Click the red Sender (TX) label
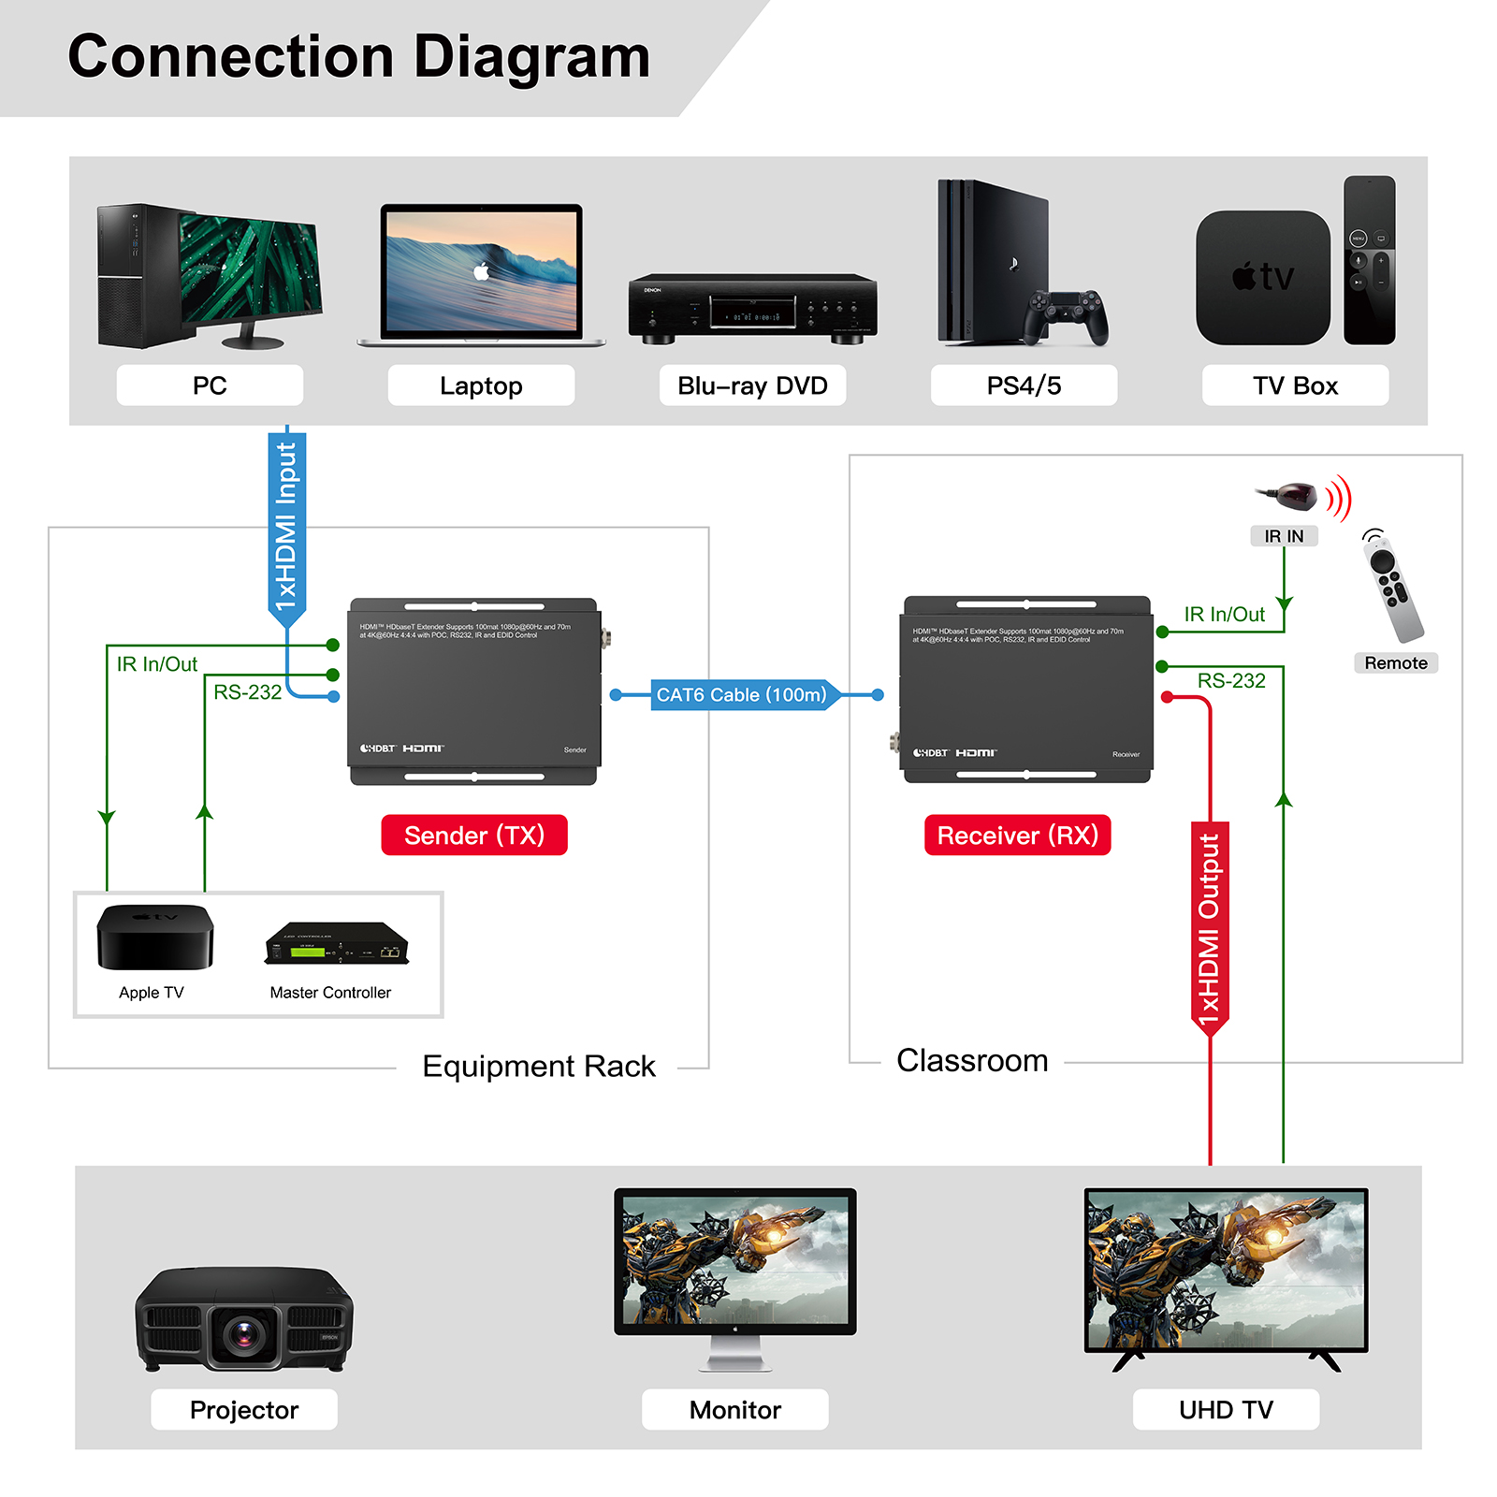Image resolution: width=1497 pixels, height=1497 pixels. tap(473, 835)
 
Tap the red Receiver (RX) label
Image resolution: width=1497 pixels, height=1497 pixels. tap(1017, 835)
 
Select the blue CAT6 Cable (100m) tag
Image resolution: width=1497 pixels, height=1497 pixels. tap(741, 695)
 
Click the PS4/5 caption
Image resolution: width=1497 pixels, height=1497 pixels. tap(1024, 385)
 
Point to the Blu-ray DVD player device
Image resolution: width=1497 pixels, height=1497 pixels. tap(752, 309)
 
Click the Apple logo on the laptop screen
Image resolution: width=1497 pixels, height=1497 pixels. tap(482, 271)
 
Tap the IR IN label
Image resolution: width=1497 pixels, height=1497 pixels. tap(1284, 536)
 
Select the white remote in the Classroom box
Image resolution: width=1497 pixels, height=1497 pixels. tap(1391, 588)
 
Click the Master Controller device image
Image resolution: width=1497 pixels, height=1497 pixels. tap(337, 944)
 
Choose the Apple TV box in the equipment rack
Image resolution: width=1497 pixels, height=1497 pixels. tap(154, 937)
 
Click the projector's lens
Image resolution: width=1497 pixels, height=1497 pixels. tap(244, 1330)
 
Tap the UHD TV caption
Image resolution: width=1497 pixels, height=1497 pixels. tap(1226, 1409)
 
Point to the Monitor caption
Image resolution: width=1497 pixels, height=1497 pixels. tap(734, 1409)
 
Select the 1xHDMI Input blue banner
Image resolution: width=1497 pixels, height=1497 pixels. tap(286, 524)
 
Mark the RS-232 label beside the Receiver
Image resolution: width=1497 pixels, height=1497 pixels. tap(1231, 681)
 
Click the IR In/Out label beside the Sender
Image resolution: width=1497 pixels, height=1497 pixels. tap(157, 664)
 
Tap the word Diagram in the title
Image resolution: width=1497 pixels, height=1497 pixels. tap(531, 58)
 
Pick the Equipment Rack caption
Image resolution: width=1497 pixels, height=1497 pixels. tap(539, 1067)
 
